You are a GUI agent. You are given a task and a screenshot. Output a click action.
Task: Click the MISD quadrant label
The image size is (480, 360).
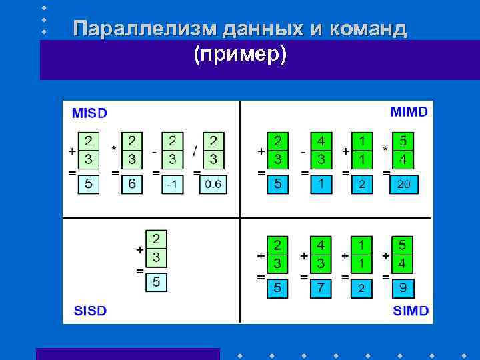click(89, 113)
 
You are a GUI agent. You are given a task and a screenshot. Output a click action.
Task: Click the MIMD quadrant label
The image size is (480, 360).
click(409, 111)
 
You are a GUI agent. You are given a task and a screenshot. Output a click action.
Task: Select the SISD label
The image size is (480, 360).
click(89, 311)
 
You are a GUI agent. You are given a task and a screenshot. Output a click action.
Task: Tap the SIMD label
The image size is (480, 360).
click(410, 311)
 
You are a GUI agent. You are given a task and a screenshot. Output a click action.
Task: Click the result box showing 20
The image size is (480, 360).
click(403, 184)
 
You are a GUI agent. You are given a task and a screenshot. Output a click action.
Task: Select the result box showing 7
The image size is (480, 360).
click(321, 287)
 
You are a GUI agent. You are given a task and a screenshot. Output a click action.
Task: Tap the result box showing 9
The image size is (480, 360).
click(401, 287)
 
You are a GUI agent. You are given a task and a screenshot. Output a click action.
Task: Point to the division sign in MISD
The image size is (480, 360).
click(195, 151)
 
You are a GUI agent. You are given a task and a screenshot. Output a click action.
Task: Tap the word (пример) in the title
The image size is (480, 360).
click(240, 55)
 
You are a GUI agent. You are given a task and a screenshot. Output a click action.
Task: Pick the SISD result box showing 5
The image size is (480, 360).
click(156, 282)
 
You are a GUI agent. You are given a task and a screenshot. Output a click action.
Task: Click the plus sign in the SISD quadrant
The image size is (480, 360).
click(140, 249)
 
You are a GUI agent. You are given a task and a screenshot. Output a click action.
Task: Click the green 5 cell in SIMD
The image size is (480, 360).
click(401, 245)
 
